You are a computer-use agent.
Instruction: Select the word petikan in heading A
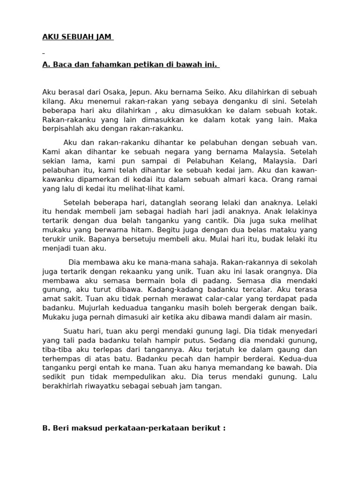tap(140, 65)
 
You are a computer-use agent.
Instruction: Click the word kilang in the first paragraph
tap(52, 101)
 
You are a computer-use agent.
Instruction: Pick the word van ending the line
tap(310, 142)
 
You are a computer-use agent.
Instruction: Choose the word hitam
tap(142, 230)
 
